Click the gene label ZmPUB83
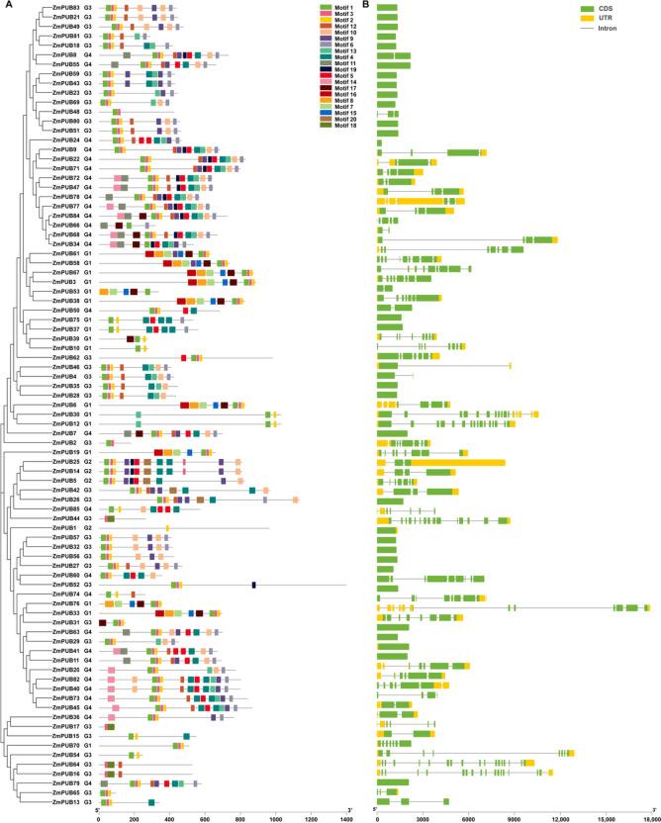[66, 8]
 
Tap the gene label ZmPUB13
[66, 802]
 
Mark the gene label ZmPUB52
[66, 585]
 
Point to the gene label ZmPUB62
[66, 357]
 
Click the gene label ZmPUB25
[66, 462]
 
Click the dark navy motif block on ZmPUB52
[254, 585]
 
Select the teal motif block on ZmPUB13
[151, 802]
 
